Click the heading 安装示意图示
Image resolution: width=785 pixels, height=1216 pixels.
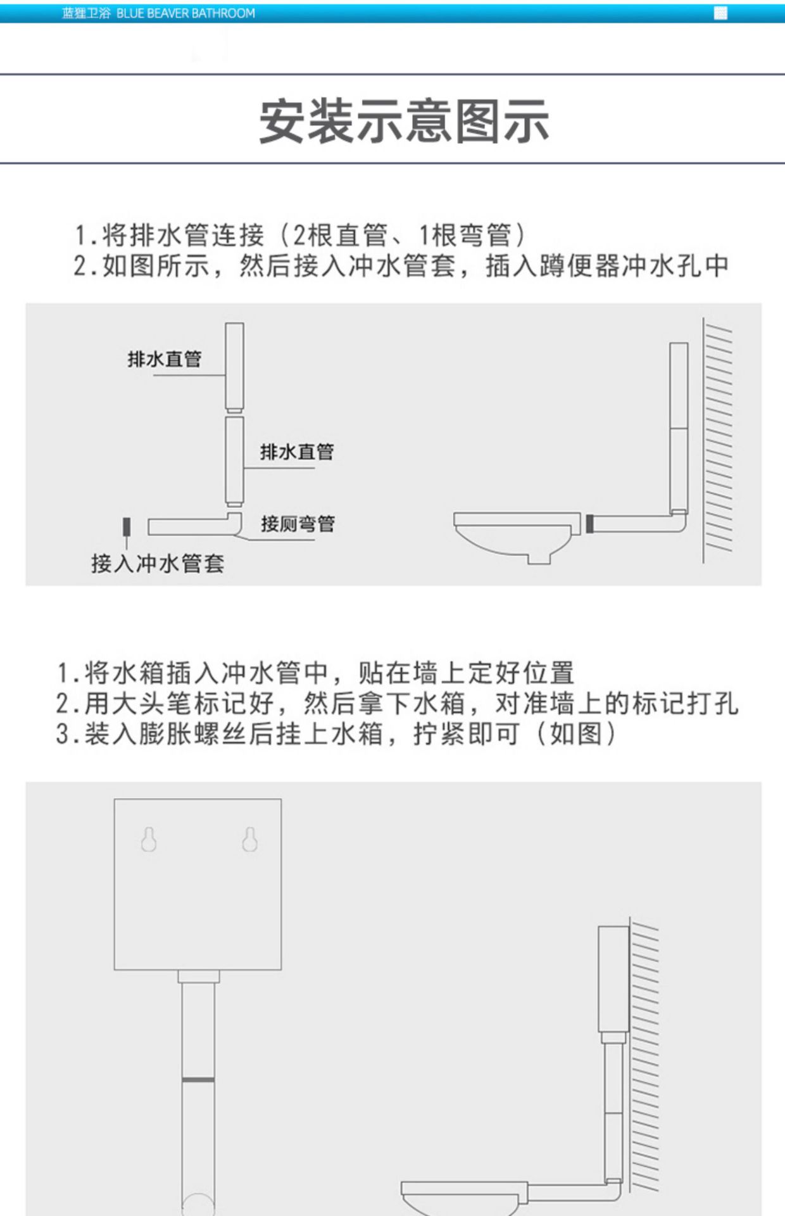(403, 120)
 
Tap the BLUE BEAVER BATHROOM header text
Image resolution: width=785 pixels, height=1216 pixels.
(185, 13)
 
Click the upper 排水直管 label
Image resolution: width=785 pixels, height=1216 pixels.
(165, 360)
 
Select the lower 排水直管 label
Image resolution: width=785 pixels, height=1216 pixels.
(296, 452)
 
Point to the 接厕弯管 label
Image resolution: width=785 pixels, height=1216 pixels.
(298, 524)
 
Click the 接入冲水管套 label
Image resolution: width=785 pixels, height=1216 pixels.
(158, 563)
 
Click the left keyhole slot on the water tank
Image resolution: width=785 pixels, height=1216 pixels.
(149, 839)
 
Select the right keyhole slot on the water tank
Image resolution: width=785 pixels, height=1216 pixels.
(250, 839)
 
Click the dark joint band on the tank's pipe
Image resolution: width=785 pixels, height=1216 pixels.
(198, 1079)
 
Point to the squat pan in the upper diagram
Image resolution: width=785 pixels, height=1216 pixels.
(516, 535)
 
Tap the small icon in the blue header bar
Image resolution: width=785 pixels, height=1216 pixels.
(720, 13)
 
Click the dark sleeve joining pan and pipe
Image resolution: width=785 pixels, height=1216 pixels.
(589, 524)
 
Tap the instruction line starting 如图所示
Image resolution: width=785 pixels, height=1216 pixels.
(401, 266)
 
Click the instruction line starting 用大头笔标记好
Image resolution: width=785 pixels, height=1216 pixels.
(397, 704)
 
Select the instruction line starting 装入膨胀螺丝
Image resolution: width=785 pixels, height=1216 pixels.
(336, 734)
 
